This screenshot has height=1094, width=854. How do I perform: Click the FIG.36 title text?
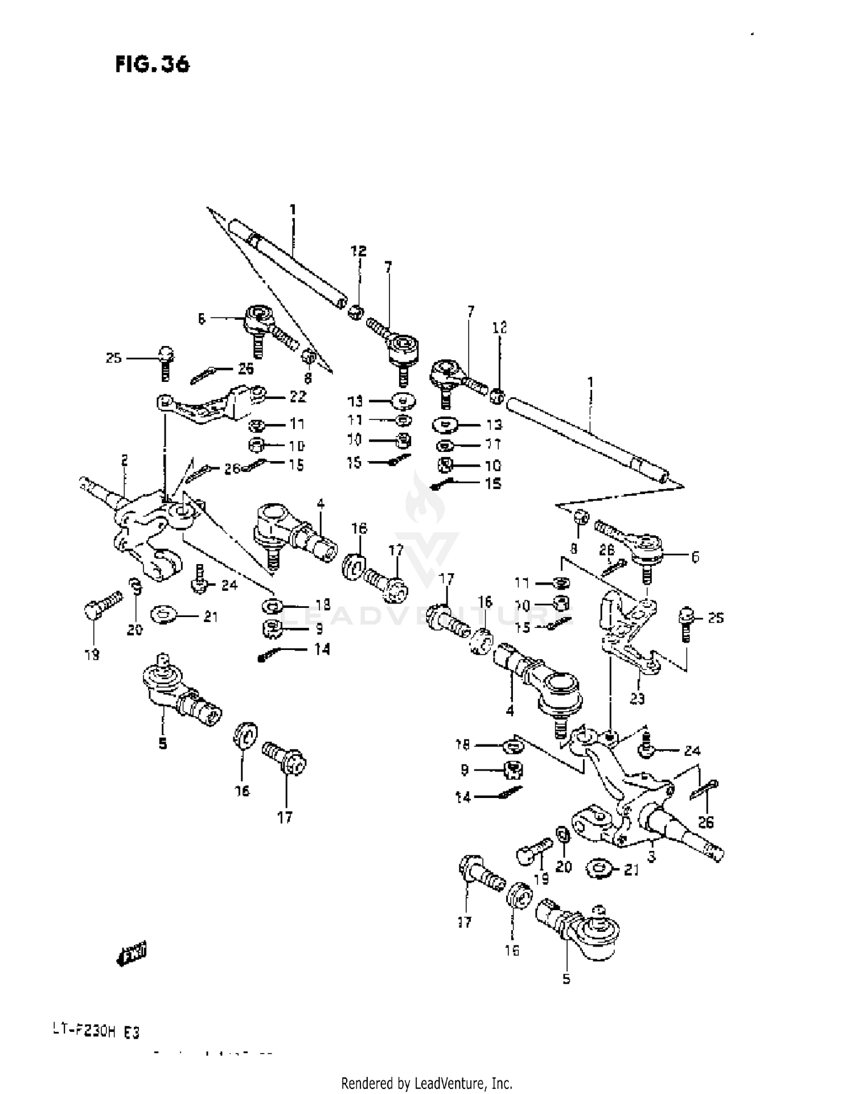coord(152,64)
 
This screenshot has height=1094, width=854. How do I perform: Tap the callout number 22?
coord(298,396)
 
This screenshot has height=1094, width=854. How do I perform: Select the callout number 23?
coord(637,698)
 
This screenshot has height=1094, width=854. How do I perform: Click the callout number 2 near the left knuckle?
coord(124,460)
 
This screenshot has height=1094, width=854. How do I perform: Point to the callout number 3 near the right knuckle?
coord(651,856)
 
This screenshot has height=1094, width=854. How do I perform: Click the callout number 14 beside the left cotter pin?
coord(322,649)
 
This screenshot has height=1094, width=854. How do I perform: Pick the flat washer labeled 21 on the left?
coord(165,615)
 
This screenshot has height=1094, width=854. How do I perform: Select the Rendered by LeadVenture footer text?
coord(426,1083)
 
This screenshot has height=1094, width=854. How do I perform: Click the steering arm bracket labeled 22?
coord(205,405)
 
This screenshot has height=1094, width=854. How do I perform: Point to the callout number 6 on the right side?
coord(695,557)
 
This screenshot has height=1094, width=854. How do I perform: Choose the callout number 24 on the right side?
coord(692,751)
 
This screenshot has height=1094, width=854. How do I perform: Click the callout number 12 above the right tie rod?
coord(499,327)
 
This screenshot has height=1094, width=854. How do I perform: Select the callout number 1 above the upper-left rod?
coord(293,209)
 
